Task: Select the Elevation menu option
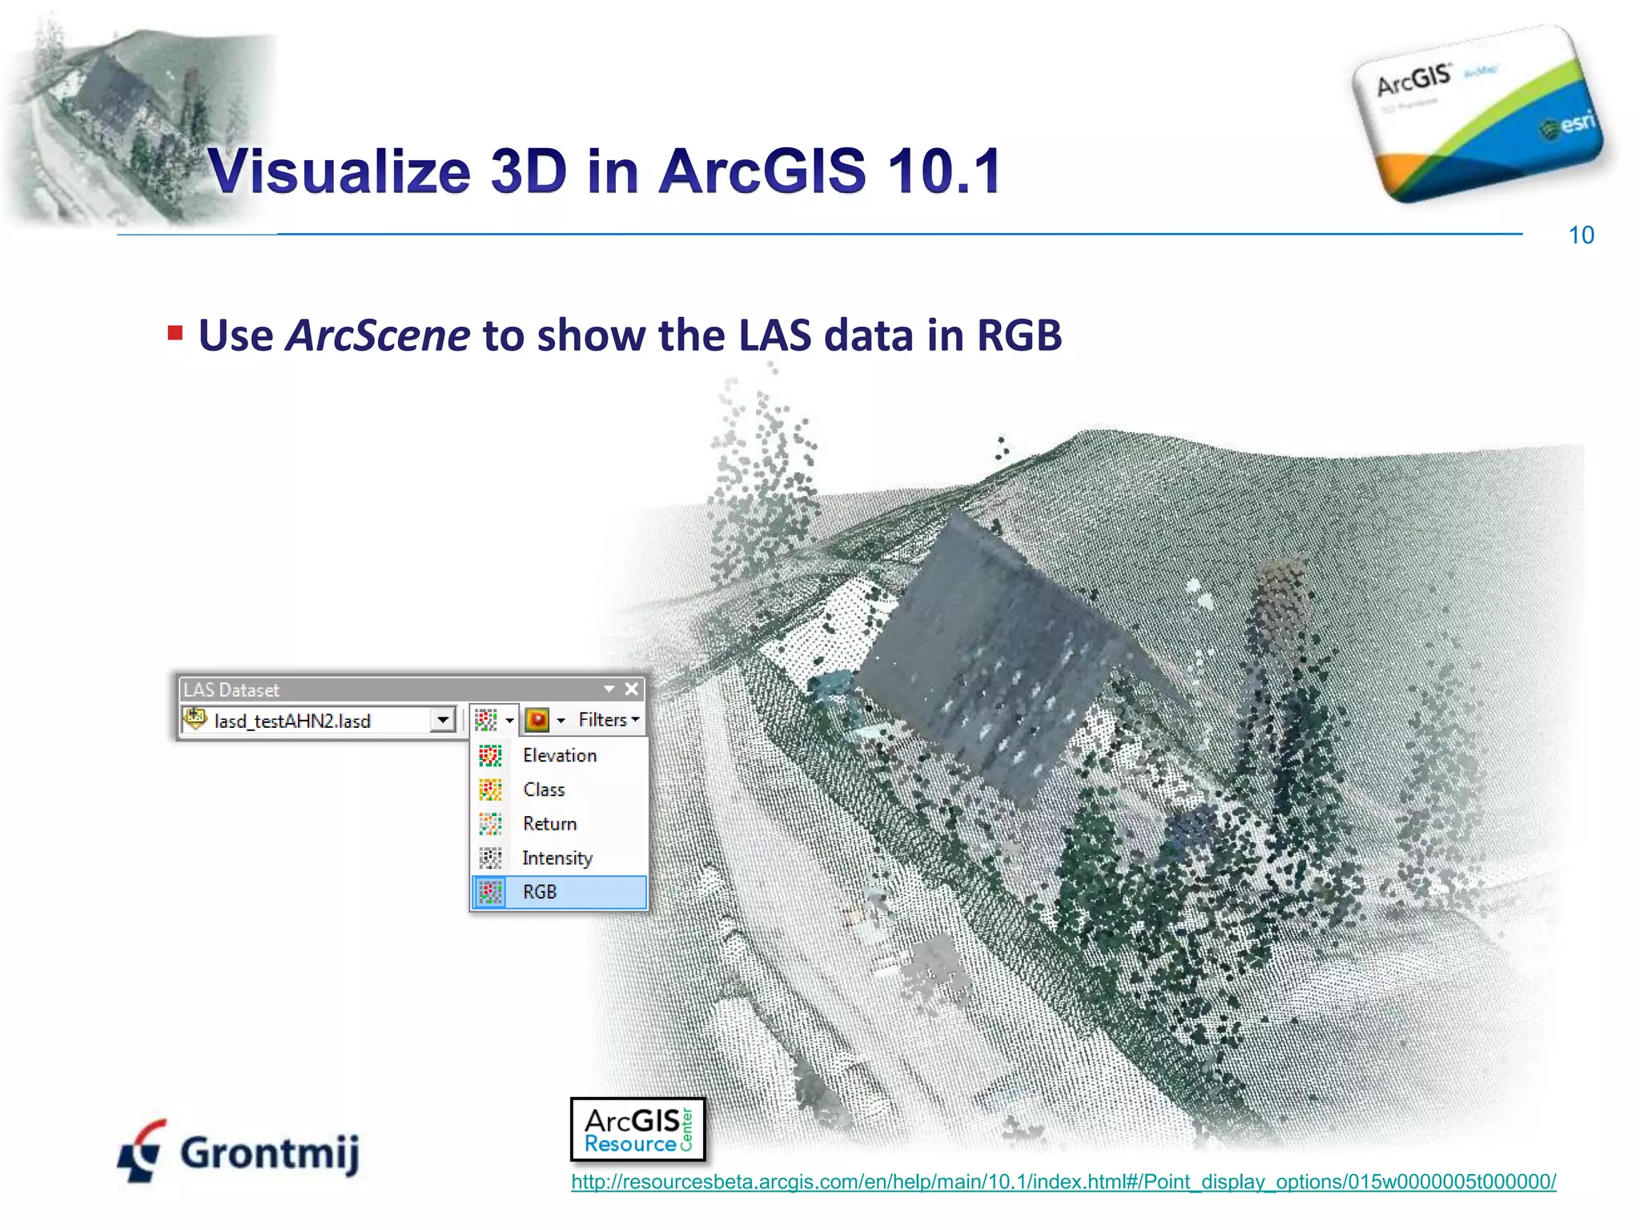click(559, 755)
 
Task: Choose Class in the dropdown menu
click(544, 790)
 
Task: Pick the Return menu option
click(549, 824)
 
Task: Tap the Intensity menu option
click(557, 858)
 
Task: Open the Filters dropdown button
click(608, 720)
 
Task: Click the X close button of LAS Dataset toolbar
click(632, 689)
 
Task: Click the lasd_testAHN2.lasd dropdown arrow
click(443, 720)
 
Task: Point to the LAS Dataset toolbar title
click(231, 689)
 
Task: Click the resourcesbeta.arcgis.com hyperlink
click(1063, 1182)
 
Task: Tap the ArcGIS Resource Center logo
click(637, 1129)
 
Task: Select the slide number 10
click(1581, 235)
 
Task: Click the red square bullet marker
click(175, 333)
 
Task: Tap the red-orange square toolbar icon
click(537, 720)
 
